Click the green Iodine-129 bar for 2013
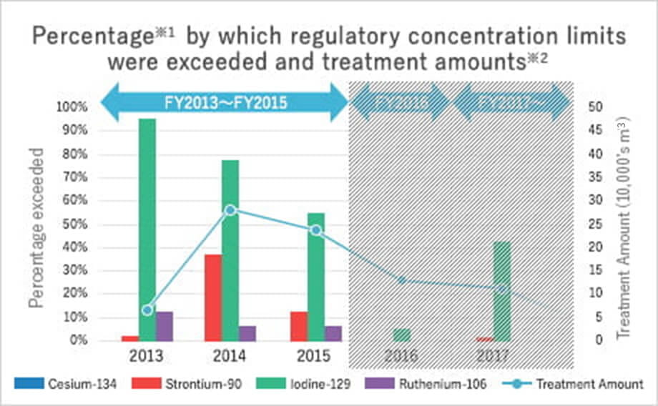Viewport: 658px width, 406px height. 147,229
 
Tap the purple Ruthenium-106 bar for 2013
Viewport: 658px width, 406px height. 164,326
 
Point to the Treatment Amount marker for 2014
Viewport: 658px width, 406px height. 230,210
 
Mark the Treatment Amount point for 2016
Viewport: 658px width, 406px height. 402,280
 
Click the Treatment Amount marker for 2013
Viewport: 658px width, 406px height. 147,310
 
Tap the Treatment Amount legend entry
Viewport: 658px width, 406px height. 571,384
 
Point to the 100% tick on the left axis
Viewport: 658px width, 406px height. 71,107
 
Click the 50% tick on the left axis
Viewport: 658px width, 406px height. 74,224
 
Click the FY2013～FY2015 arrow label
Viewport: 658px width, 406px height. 225,102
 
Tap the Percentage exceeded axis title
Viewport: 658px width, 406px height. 36,227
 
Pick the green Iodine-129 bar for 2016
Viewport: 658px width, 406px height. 402,335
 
